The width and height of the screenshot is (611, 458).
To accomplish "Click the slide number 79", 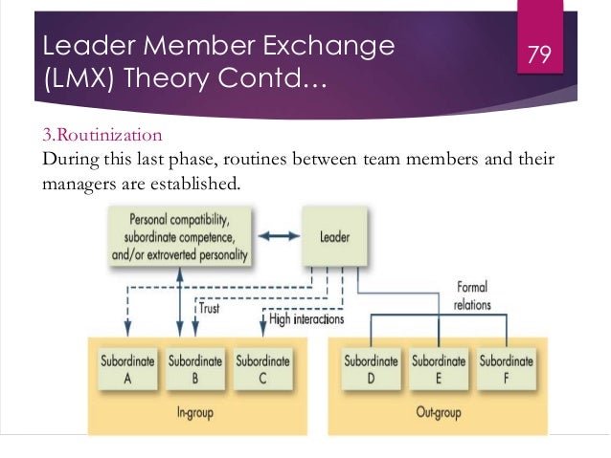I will pyautogui.click(x=539, y=55).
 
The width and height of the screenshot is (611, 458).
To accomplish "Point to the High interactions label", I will pyautogui.click(x=306, y=319).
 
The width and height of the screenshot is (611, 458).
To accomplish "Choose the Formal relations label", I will pyautogui.click(x=472, y=295).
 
